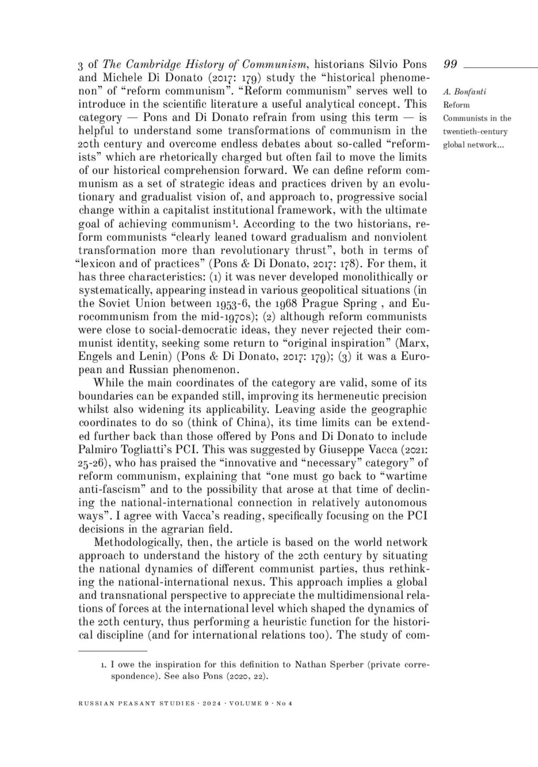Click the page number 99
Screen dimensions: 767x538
(450, 65)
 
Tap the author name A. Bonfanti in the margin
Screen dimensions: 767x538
(464, 92)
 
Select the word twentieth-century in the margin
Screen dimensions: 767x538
(475, 132)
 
